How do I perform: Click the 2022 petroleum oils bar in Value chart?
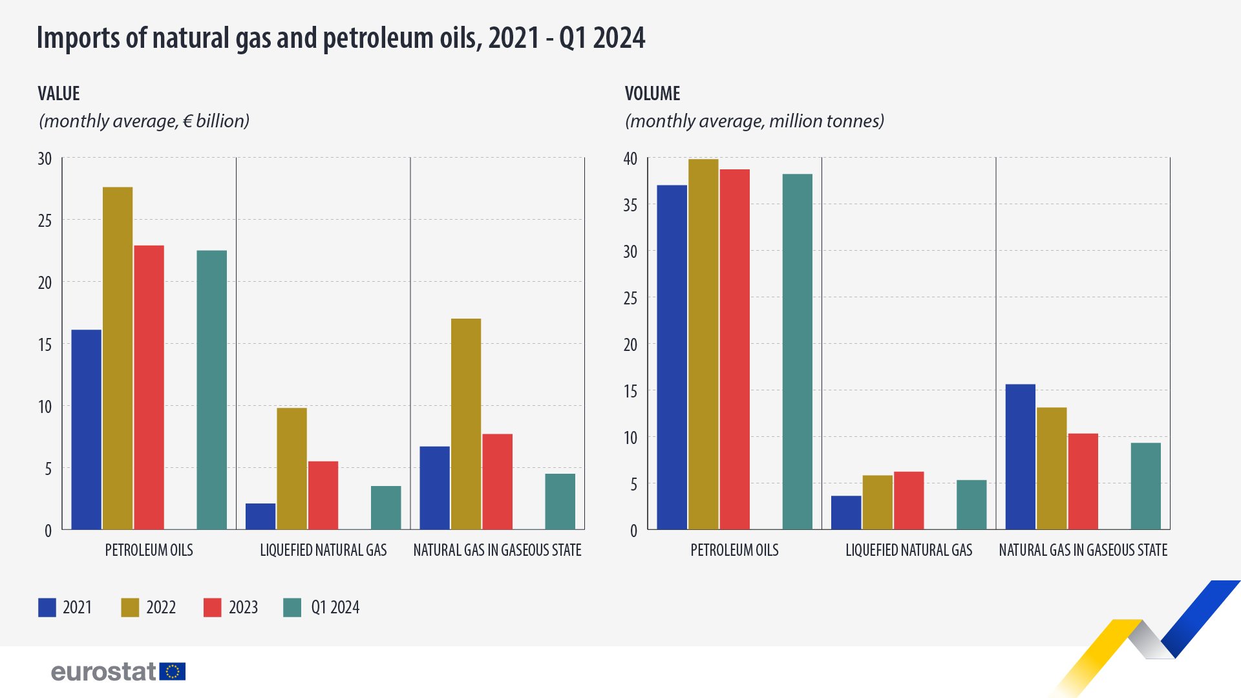(x=118, y=359)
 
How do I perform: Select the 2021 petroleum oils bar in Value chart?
(x=86, y=430)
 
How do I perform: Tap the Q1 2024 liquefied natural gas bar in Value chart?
(x=386, y=508)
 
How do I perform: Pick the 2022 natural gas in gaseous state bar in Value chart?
(x=466, y=424)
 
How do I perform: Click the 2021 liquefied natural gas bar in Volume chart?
(x=846, y=513)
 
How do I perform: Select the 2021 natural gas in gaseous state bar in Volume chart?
(x=1020, y=457)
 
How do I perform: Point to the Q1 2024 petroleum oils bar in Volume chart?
(x=797, y=352)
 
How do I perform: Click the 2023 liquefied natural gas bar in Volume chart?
(x=909, y=501)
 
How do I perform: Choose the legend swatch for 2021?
(x=47, y=608)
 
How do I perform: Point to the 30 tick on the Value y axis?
(x=45, y=159)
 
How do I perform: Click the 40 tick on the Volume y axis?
(x=630, y=159)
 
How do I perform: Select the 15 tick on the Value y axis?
(x=45, y=345)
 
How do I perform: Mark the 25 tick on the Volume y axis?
(x=630, y=299)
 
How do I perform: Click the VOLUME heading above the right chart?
(x=652, y=94)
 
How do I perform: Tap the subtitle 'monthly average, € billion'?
(x=144, y=121)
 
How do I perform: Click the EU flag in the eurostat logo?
(x=173, y=672)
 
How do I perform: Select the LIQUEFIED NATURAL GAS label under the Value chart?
(x=323, y=550)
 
